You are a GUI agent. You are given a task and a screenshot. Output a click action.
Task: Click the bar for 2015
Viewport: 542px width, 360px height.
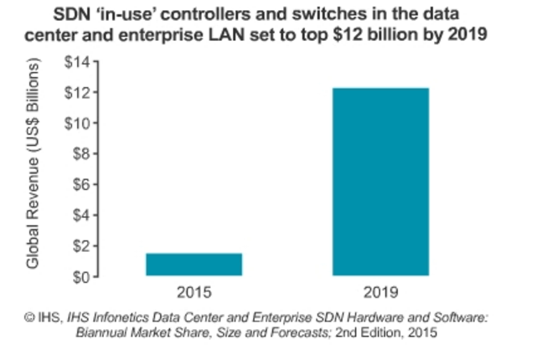pos(194,265)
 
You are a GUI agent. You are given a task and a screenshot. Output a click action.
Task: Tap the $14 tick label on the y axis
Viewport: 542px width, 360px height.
pos(76,63)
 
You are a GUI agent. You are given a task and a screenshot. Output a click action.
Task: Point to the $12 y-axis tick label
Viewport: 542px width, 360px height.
pos(76,93)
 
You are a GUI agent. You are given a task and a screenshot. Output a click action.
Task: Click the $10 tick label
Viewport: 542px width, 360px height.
pos(76,124)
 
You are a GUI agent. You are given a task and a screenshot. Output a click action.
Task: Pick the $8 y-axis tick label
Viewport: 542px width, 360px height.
pos(80,154)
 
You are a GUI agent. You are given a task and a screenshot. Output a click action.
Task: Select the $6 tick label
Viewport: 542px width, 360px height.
pos(80,185)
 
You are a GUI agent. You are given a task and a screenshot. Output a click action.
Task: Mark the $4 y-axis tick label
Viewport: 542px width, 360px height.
pos(80,215)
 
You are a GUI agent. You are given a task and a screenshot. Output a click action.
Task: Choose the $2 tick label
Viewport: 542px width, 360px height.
pos(80,246)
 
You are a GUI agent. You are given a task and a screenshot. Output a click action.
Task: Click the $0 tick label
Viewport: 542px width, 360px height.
pos(80,276)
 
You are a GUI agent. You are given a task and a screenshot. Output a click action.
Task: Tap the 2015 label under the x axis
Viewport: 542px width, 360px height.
pos(194,293)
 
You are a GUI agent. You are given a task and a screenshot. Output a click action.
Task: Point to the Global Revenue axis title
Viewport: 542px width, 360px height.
pos(34,165)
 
